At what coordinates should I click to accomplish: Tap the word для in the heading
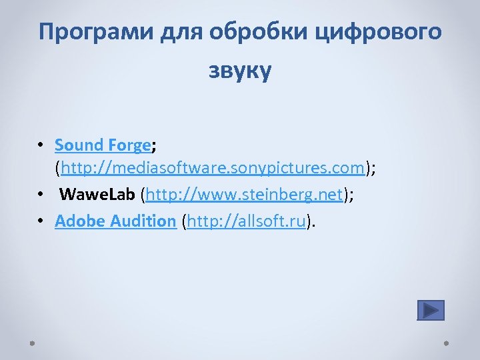coord(185,32)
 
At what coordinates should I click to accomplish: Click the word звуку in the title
coord(240,71)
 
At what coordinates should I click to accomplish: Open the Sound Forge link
coord(103,145)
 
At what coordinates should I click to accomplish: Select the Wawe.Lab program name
coord(97,195)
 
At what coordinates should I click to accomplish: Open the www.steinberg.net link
coord(244,195)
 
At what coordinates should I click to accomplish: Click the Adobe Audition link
coord(115,221)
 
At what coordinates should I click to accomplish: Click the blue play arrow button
coord(430,310)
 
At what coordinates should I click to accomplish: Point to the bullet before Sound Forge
coord(41,145)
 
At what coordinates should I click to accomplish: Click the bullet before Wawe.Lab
coord(41,195)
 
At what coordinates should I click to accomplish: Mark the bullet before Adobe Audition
coord(41,221)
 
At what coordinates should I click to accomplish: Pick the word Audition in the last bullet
coord(141,221)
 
